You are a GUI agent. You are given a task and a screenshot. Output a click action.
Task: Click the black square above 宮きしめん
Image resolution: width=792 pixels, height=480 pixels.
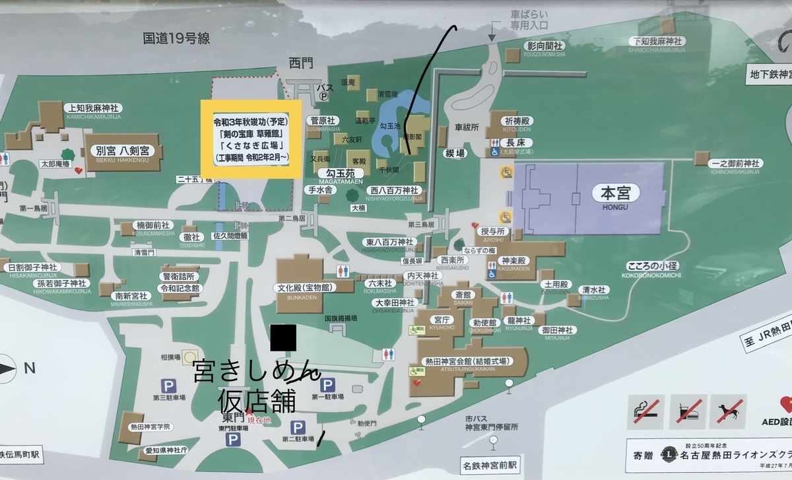pyautogui.click(x=283, y=338)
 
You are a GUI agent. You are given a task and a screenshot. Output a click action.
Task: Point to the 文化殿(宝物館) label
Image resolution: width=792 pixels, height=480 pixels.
pyautogui.click(x=305, y=288)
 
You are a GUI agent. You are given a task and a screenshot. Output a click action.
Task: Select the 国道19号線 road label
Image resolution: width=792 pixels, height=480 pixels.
pyautogui.click(x=176, y=38)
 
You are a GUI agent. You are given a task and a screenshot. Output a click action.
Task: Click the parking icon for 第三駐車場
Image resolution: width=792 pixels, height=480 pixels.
pyautogui.click(x=168, y=384)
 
